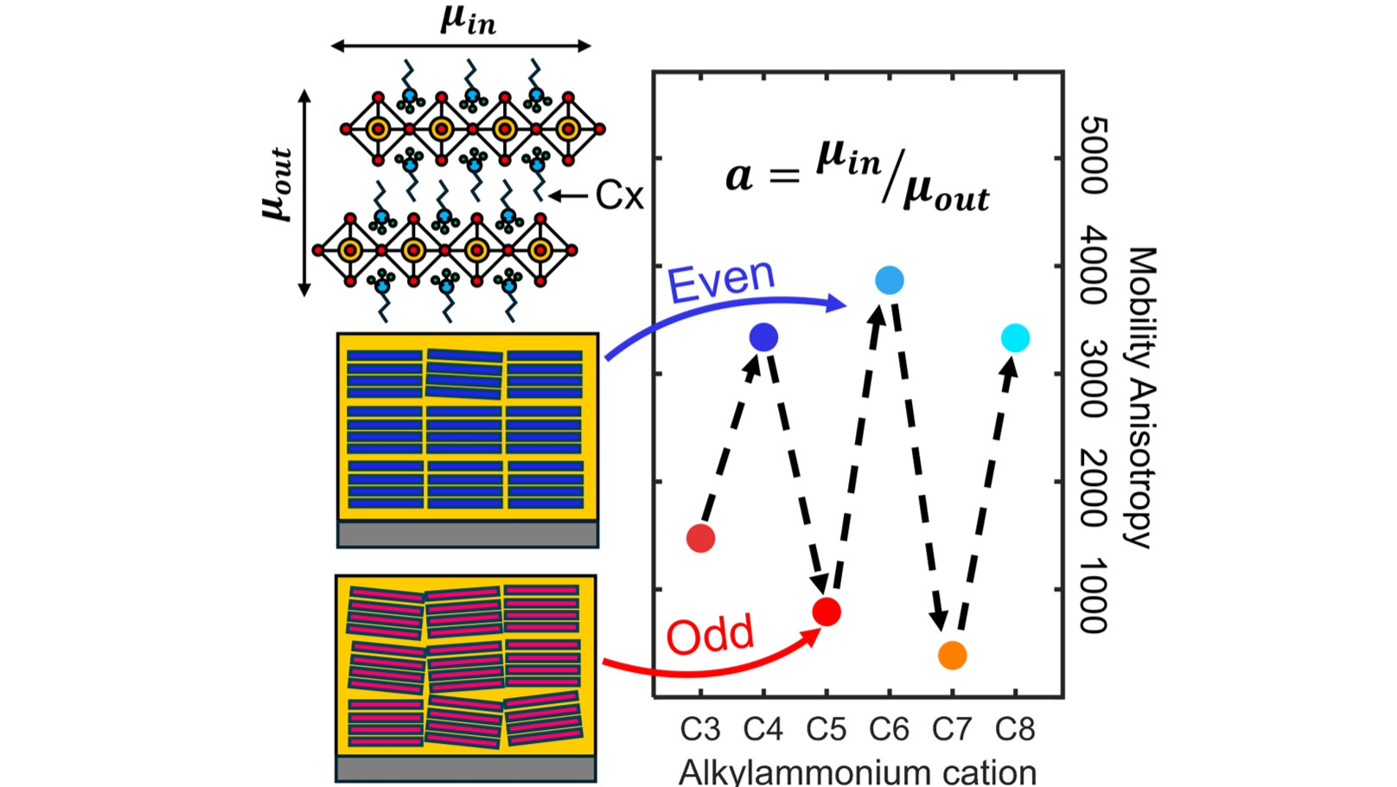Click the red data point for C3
point(700,538)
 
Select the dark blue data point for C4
point(763,337)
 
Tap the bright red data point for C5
point(826,611)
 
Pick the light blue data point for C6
point(890,280)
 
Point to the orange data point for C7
point(953,656)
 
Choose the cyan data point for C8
point(1015,338)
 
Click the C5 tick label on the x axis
point(826,729)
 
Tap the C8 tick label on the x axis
point(1015,729)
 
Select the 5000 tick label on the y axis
point(1094,155)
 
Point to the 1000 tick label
point(1094,596)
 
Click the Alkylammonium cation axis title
point(858,772)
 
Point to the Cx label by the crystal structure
point(619,195)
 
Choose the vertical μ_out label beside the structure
point(277,185)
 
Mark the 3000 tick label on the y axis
point(1094,378)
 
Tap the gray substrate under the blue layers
point(468,534)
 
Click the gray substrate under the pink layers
point(466,769)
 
